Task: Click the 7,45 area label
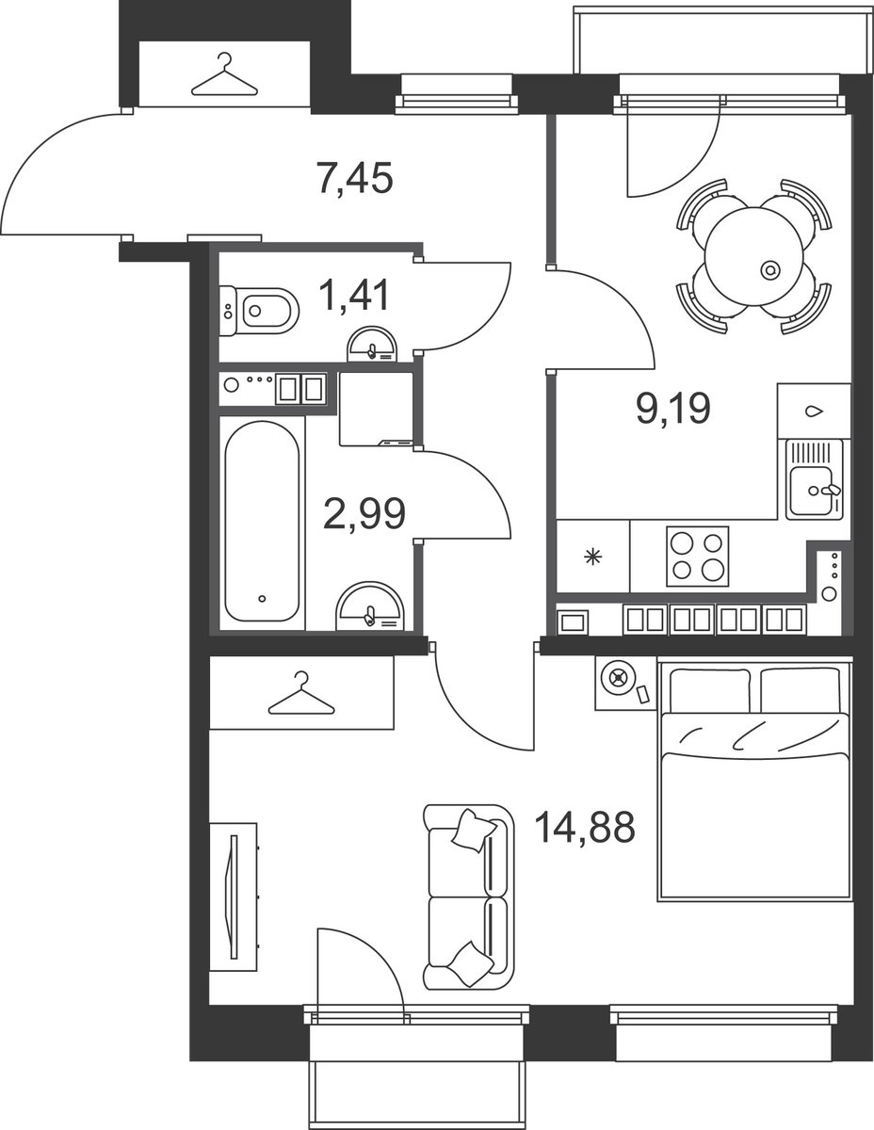tap(354, 179)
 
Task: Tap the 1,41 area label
tap(356, 295)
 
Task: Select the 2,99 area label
tap(364, 513)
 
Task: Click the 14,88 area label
tap(584, 827)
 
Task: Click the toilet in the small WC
tap(259, 311)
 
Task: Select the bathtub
tap(262, 521)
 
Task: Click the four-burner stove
tap(697, 556)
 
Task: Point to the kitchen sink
tap(815, 479)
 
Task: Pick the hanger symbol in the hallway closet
tap(224, 75)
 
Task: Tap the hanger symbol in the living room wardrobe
tap(301, 693)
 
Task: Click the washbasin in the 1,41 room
tap(372, 344)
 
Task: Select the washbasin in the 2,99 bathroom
tap(370, 605)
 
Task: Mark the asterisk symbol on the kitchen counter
tap(593, 557)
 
